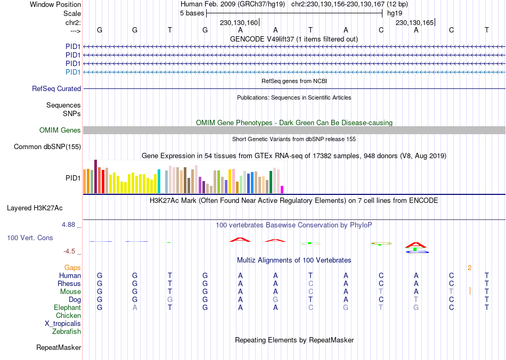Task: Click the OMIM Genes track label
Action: click(x=60, y=130)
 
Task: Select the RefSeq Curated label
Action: click(x=56, y=89)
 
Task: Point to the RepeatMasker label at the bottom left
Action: click(x=59, y=348)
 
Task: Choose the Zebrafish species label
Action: click(x=67, y=332)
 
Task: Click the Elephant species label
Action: click(x=67, y=308)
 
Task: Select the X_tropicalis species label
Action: click(x=63, y=324)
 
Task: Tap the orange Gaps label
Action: click(x=73, y=267)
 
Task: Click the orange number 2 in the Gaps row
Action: click(x=469, y=267)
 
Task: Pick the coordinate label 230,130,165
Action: click(x=414, y=23)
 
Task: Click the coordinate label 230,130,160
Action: click(x=239, y=23)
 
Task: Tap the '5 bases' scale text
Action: click(x=192, y=13)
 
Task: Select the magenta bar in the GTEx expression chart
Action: click(x=282, y=190)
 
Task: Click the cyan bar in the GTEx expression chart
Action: click(x=159, y=182)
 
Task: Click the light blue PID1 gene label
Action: click(x=73, y=72)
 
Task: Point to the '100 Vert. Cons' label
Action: click(x=30, y=238)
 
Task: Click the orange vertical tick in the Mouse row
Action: click(x=470, y=291)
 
